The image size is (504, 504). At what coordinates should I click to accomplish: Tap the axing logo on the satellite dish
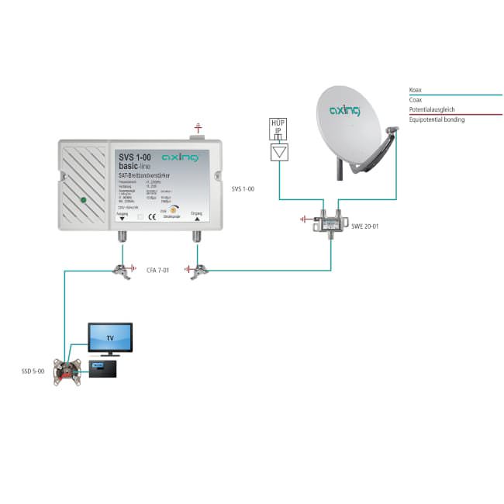click(345, 110)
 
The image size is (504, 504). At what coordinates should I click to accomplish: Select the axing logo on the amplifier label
click(181, 157)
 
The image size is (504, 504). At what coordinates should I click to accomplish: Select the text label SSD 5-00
click(33, 372)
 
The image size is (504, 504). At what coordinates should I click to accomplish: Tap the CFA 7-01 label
click(157, 271)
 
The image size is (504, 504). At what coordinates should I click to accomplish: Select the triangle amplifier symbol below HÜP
click(278, 152)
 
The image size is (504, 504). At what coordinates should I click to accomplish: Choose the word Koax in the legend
click(417, 91)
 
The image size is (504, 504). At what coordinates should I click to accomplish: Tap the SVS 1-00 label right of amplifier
click(243, 188)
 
